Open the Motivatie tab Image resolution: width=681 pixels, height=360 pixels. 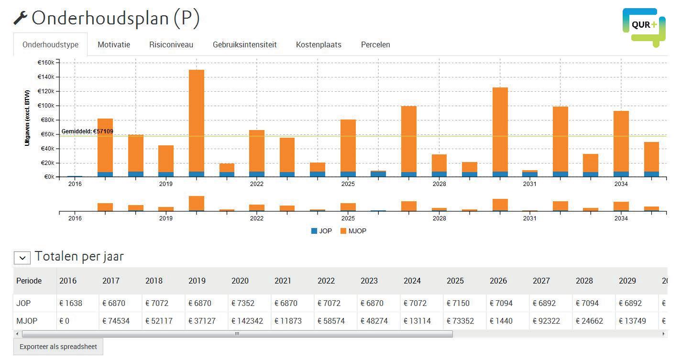(x=114, y=44)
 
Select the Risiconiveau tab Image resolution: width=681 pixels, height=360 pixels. (x=171, y=44)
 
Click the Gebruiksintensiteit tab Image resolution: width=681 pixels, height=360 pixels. (x=244, y=44)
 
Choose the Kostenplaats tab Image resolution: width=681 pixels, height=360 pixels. (x=319, y=44)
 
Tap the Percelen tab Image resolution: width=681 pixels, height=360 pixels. (x=375, y=44)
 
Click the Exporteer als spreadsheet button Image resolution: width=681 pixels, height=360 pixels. (x=58, y=347)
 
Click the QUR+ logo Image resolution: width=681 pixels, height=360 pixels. (x=644, y=26)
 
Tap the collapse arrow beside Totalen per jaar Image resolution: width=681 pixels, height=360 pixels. (x=22, y=257)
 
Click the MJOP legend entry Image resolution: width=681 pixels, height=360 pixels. (x=353, y=231)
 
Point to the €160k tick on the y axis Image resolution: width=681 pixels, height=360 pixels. (x=46, y=63)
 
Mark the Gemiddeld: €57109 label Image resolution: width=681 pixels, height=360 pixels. (x=88, y=131)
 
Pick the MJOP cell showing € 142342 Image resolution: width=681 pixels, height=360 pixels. (x=247, y=321)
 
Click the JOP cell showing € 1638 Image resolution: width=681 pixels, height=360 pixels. (x=71, y=303)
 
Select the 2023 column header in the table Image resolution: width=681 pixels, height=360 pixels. (x=369, y=281)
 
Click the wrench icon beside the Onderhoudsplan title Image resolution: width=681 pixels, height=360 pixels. (x=20, y=18)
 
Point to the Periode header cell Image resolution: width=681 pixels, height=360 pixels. (x=29, y=281)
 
